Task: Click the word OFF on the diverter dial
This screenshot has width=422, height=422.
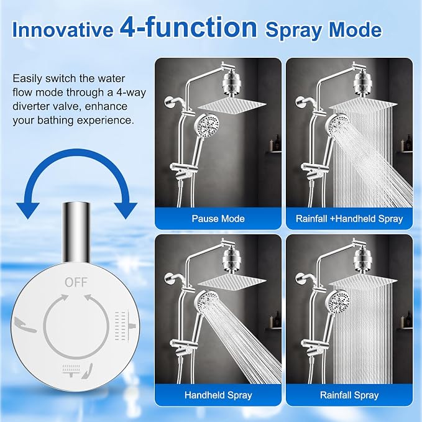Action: (76, 282)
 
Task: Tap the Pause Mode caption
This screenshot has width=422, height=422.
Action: (218, 219)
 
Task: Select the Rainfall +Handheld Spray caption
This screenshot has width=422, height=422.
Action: (349, 219)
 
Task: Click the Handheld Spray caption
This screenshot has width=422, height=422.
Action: (218, 395)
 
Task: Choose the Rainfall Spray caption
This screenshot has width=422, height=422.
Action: (349, 395)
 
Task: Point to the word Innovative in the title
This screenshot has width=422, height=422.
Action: (63, 30)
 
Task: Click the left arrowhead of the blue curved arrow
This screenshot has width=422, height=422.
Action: (28, 211)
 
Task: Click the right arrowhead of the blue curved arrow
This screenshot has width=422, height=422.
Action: (126, 211)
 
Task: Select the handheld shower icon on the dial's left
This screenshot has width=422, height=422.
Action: (25, 324)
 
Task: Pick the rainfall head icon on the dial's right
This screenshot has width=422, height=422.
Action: (125, 326)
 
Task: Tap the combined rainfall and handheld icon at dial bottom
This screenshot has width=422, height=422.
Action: (77, 370)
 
